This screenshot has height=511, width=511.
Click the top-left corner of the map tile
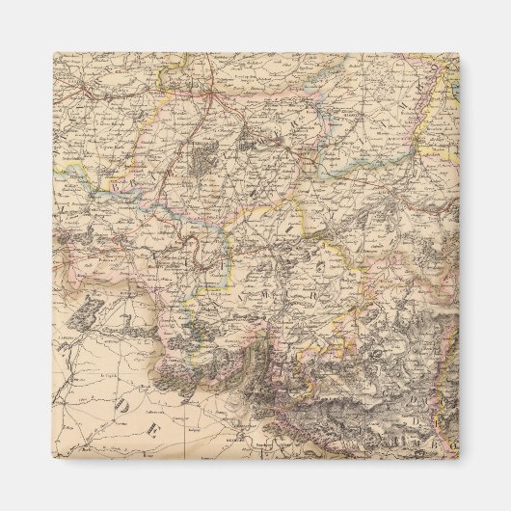pos(54,54)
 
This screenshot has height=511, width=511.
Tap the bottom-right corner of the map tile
pos(458,454)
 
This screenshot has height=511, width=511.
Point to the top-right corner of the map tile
pos(458,54)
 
